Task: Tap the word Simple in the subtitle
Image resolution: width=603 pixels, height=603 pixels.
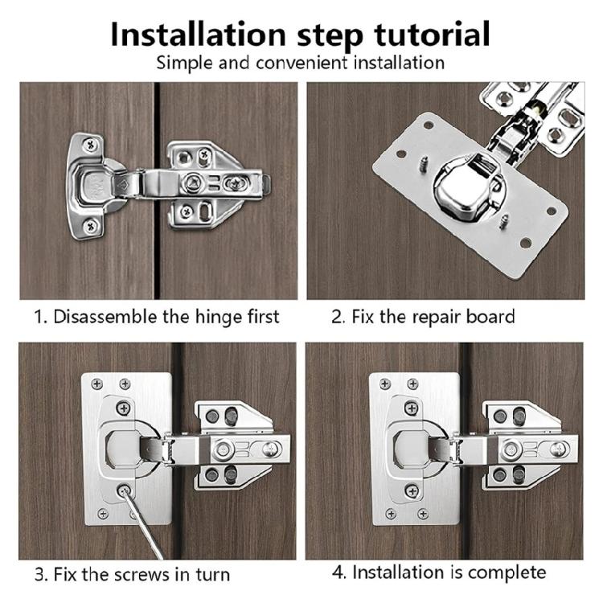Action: [x=183, y=62]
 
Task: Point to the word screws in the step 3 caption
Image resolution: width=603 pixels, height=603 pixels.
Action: [x=142, y=574]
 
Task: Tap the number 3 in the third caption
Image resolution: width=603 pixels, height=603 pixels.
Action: [x=39, y=574]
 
